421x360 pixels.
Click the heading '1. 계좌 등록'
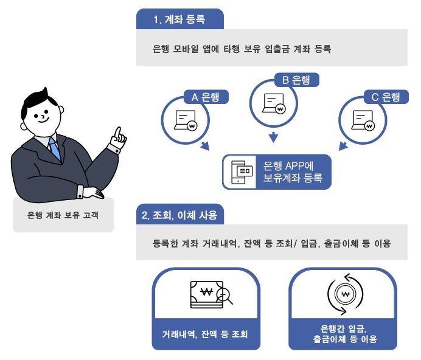pyautogui.click(x=179, y=19)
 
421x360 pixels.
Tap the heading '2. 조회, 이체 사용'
pyautogui.click(x=179, y=215)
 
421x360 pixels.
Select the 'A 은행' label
pyautogui.click(x=206, y=97)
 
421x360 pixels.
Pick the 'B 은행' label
pyautogui.click(x=296, y=80)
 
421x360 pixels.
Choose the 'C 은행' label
pyautogui.click(x=386, y=97)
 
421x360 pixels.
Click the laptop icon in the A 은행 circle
pyautogui.click(x=186, y=120)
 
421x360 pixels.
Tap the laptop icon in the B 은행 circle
pyautogui.click(x=274, y=103)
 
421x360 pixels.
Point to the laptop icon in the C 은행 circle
pyautogui.click(x=363, y=120)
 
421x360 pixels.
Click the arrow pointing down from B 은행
pyautogui.click(x=273, y=137)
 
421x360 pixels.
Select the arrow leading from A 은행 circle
pyautogui.click(x=205, y=146)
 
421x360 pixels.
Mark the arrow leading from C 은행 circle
pyautogui.click(x=343, y=146)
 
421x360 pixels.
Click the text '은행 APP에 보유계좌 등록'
pyautogui.click(x=293, y=172)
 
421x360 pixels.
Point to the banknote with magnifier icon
pyautogui.click(x=211, y=294)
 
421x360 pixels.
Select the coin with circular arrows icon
pyautogui.click(x=345, y=294)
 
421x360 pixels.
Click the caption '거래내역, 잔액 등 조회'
pyautogui.click(x=205, y=334)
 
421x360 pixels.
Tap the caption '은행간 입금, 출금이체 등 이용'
pyautogui.click(x=345, y=334)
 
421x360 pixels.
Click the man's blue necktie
pyautogui.click(x=55, y=148)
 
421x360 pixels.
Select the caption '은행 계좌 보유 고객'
pyautogui.click(x=63, y=215)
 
